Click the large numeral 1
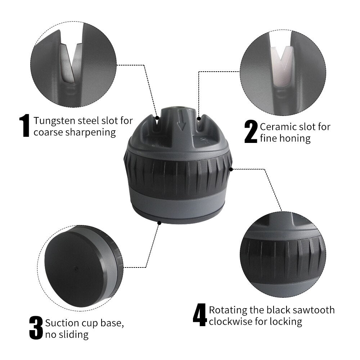(24, 126)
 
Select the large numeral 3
(36, 328)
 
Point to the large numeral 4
(200, 315)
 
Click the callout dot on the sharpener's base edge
(159, 223)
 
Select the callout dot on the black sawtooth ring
(231, 169)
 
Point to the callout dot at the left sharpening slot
(157, 118)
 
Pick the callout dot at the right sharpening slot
(199, 118)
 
